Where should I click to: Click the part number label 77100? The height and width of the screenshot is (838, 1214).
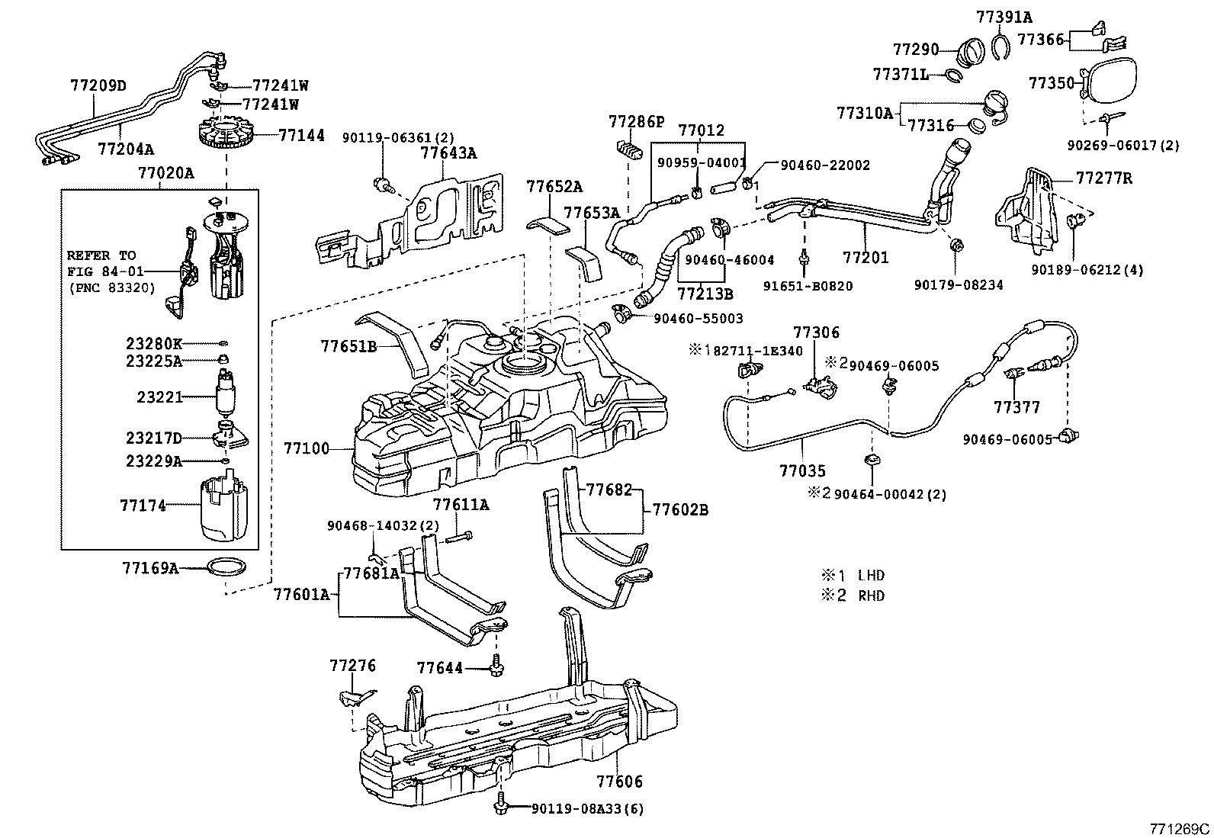point(307,448)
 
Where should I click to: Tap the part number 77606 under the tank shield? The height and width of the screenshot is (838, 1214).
point(619,782)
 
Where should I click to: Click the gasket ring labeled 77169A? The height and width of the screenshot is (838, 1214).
point(228,567)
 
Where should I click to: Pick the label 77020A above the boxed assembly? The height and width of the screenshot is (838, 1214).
point(165,173)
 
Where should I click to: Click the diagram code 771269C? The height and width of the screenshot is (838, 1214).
point(1180,828)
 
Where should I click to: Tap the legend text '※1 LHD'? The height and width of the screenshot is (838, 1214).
point(853,576)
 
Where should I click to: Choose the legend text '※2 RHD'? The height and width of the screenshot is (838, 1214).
point(853,596)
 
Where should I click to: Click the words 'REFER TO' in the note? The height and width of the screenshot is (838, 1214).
point(100,255)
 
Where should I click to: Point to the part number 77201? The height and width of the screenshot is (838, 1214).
point(866,258)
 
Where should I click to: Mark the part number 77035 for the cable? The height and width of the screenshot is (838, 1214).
point(802,471)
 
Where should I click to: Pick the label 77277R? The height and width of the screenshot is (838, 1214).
point(1104,179)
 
